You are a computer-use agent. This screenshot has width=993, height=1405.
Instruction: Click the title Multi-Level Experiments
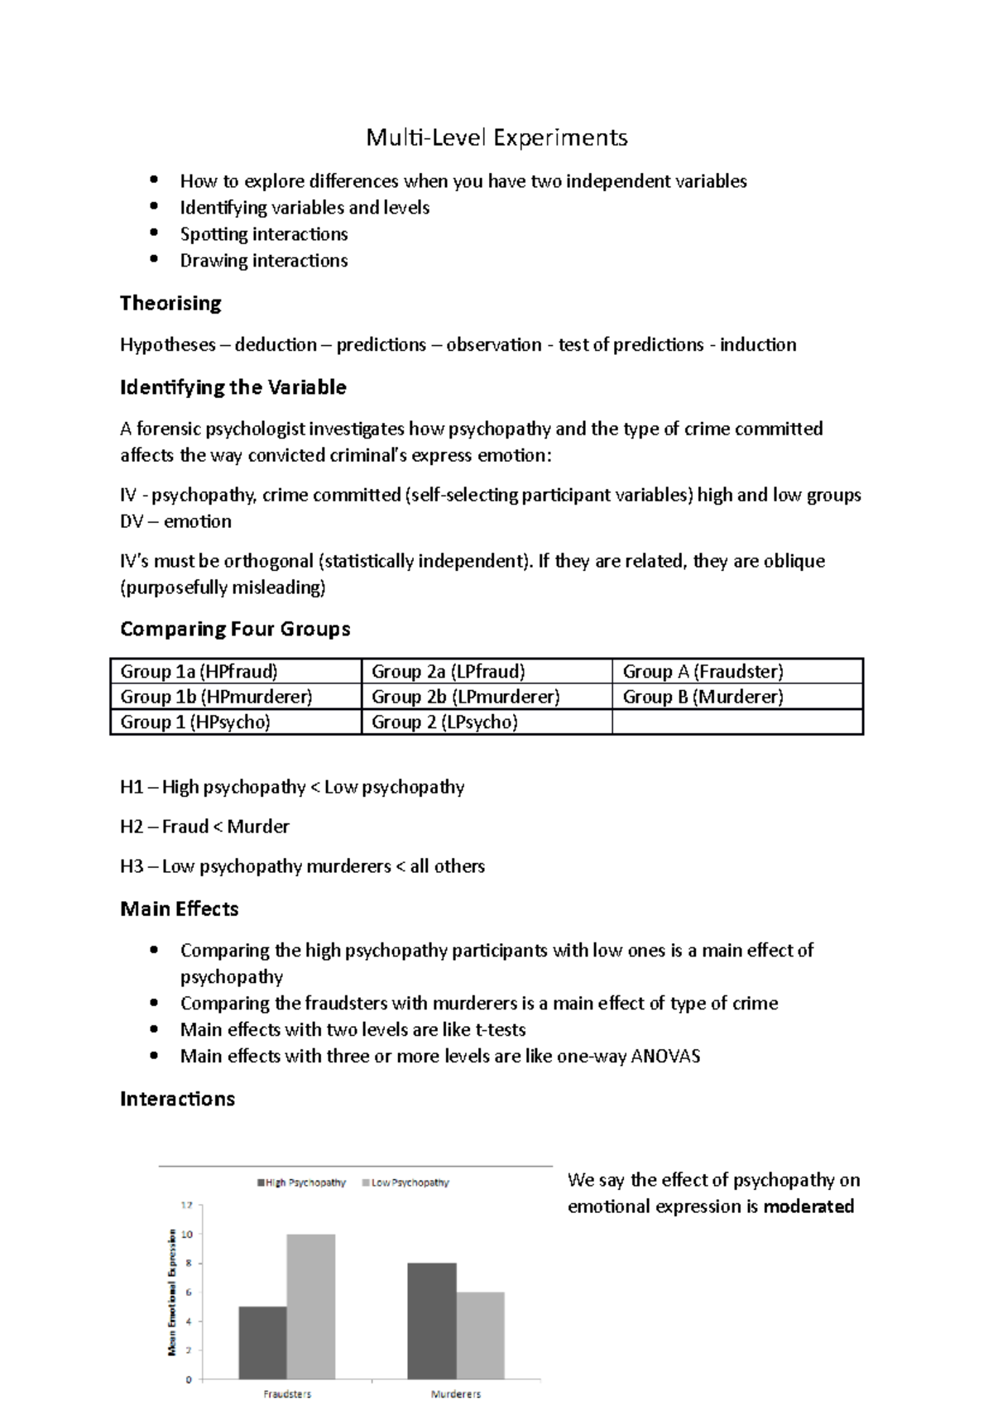pyautogui.click(x=496, y=137)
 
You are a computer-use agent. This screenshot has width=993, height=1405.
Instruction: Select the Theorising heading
pyautogui.click(x=170, y=303)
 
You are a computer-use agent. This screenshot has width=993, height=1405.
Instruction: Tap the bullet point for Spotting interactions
pyautogui.click(x=154, y=233)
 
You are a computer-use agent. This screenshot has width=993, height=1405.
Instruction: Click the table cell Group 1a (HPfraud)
pyautogui.click(x=199, y=671)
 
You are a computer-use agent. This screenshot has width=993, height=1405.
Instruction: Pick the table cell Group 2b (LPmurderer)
pyautogui.click(x=465, y=697)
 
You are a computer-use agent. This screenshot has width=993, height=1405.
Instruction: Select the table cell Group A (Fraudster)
pyautogui.click(x=703, y=671)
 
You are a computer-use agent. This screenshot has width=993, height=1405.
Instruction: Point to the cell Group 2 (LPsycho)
pyautogui.click(x=444, y=722)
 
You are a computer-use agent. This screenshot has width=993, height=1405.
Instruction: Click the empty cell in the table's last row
pyautogui.click(x=736, y=722)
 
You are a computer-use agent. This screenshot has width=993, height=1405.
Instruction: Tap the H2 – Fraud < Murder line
pyautogui.click(x=204, y=827)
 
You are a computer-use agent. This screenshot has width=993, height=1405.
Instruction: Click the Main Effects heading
pyautogui.click(x=180, y=909)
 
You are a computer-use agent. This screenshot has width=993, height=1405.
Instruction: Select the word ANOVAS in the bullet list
pyautogui.click(x=665, y=1056)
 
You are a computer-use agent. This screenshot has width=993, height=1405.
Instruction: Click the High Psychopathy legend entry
pyautogui.click(x=301, y=1182)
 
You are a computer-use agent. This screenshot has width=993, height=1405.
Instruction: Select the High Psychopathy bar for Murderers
pyautogui.click(x=431, y=1321)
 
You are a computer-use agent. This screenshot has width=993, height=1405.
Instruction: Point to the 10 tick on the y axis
pyautogui.click(x=187, y=1235)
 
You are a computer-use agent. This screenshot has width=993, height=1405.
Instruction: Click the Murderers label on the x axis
pyautogui.click(x=455, y=1394)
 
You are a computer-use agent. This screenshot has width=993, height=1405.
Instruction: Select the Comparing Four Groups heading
pyautogui.click(x=235, y=629)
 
